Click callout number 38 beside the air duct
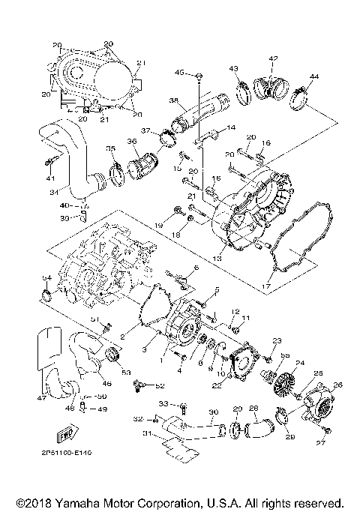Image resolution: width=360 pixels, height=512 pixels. click(172, 100)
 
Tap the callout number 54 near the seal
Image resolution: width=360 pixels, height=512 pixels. click(46, 278)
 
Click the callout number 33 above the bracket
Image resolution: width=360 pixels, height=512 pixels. click(162, 404)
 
